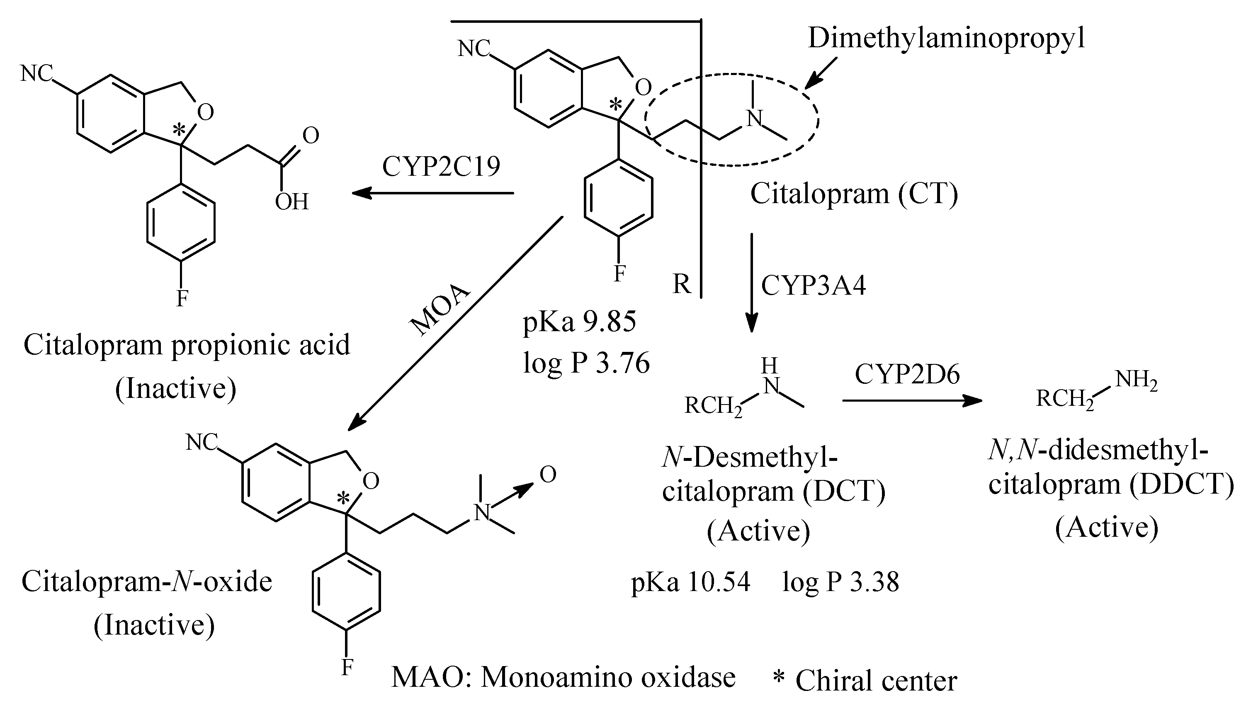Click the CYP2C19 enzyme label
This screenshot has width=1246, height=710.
click(441, 167)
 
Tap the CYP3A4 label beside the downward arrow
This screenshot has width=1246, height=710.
click(814, 285)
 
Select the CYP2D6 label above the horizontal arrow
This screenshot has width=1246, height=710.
click(907, 375)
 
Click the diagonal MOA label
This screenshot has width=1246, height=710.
click(440, 310)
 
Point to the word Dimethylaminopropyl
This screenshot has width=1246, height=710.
click(947, 38)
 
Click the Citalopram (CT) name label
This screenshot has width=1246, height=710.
click(854, 194)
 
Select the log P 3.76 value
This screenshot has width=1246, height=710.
click(586, 363)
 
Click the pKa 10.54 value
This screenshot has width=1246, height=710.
click(690, 582)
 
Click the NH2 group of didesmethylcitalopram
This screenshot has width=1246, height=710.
click(1136, 380)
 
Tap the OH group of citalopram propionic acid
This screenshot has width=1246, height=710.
click(291, 202)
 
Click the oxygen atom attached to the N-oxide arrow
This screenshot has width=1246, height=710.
click(548, 475)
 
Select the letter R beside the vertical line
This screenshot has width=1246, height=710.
click(681, 284)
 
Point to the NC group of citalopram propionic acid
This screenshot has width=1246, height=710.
click(36, 74)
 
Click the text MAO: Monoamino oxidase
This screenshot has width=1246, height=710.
click(563, 677)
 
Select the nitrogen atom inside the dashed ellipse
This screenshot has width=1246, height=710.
click(754, 118)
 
